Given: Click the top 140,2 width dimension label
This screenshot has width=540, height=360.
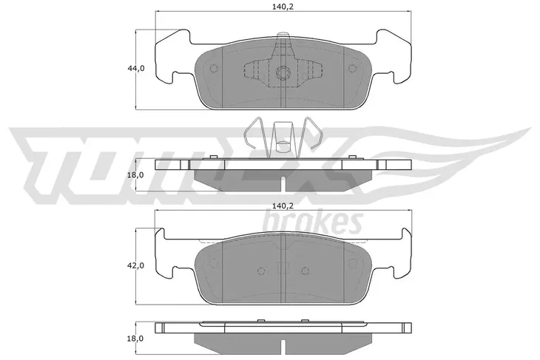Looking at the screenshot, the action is [283, 6].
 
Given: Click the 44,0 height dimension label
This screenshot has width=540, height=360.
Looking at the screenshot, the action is [136, 69].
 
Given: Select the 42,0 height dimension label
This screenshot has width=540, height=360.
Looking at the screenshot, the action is [136, 265].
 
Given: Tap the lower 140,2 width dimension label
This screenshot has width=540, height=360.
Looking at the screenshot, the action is [283, 206].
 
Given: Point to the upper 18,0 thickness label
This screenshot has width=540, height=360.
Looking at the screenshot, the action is [135, 175].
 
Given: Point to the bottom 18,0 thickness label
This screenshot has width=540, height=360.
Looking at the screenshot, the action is [135, 339].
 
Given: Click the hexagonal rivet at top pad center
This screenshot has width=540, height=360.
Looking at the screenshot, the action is [283, 72].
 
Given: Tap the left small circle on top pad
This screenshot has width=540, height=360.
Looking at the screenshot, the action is [214, 68].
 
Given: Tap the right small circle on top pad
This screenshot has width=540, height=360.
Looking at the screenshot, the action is [352, 68].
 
